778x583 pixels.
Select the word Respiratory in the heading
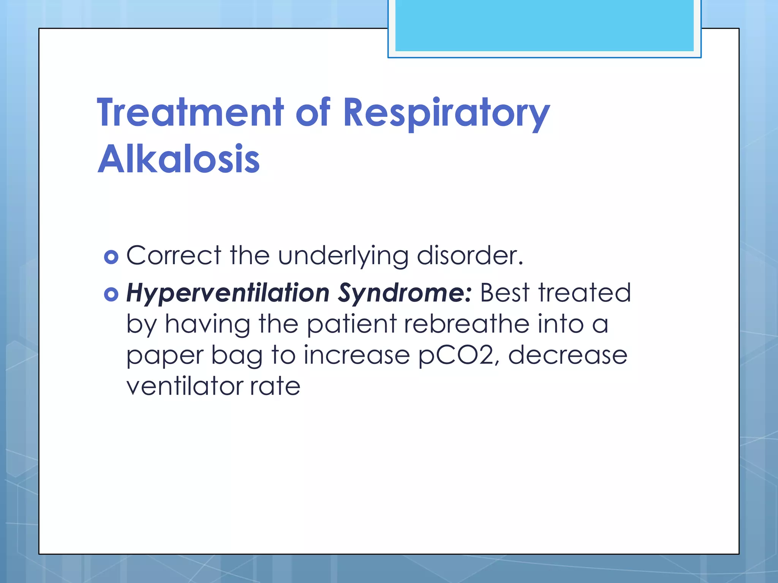coord(446,113)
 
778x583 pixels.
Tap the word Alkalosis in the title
coord(179,159)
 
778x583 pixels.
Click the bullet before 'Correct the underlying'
coord(111,257)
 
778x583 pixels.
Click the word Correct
coord(174,255)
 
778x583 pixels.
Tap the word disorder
coord(470,255)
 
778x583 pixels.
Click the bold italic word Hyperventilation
coord(228,294)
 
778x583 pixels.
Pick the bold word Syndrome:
coord(405,294)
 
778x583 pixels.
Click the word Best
coord(505,293)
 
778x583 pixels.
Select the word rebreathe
coord(466,324)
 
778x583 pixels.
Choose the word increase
coord(357,355)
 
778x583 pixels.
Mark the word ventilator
coord(184,386)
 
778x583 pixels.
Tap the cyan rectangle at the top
coord(544,26)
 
